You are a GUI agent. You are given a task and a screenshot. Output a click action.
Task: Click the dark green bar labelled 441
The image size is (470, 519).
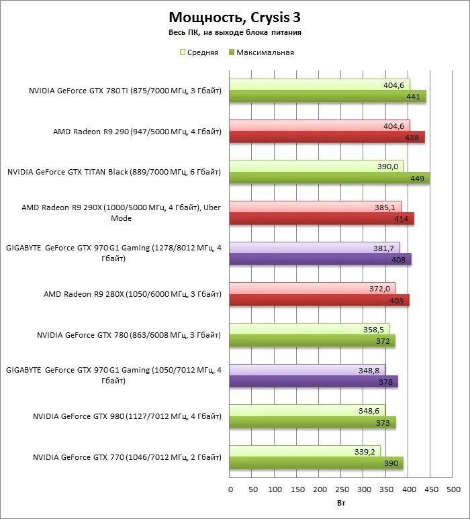pos(328,97)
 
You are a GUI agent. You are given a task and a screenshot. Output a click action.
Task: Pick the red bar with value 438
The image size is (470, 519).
pos(327,138)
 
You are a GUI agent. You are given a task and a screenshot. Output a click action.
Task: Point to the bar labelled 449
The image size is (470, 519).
pos(330,178)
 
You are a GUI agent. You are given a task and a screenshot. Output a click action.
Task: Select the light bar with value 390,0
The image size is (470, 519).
pos(316,166)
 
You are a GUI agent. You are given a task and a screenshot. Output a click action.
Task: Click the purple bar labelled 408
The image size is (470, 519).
pos(320,259)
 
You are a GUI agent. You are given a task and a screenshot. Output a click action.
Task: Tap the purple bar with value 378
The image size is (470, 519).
pos(314,381)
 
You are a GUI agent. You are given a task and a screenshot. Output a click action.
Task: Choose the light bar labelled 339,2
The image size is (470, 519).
pos(305,451)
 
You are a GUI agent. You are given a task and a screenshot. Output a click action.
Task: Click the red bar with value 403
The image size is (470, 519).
pos(320,300)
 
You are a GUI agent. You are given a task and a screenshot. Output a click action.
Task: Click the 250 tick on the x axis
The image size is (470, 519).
pos(342,489)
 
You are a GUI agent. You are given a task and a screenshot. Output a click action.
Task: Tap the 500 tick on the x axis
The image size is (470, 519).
pos(453,489)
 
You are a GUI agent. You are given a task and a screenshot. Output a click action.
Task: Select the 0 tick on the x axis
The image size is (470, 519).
pos(230,489)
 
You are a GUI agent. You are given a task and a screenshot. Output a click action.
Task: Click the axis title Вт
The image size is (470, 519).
pos(341,502)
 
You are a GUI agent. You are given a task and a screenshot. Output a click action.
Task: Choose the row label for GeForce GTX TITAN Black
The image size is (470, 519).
pos(114,172)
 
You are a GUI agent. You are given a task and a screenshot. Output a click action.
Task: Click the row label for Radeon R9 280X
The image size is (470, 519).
pos(132,294)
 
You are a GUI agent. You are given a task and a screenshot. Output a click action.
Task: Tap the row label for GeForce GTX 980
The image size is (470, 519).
pos(127,416)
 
